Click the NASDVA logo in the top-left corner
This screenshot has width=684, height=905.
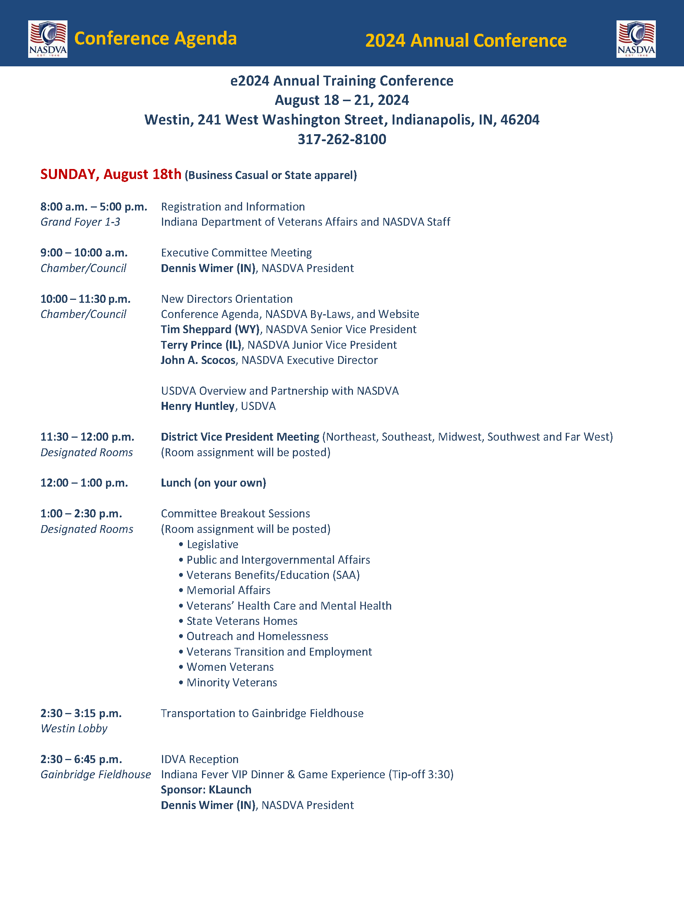pos(47,39)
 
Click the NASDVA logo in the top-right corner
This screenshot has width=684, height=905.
pos(636,39)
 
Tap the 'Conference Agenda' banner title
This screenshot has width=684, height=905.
pos(156,39)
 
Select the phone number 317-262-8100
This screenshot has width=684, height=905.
pos(342,139)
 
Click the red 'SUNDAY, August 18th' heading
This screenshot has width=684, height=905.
pos(110,174)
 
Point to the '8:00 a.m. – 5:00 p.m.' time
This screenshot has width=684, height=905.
pos(94,207)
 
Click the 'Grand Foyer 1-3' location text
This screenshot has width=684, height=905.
pos(80,222)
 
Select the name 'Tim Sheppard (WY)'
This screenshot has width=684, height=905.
pos(210,329)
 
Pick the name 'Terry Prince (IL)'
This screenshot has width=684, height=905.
pos(201,345)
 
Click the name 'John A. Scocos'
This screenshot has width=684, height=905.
pos(198,360)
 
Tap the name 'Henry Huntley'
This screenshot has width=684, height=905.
pos(198,406)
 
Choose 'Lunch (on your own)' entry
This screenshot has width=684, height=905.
pos(213,483)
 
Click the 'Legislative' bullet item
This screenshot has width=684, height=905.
pos(212,544)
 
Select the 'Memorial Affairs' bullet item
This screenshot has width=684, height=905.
pos(228,590)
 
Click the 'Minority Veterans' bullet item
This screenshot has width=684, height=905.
pos(231,682)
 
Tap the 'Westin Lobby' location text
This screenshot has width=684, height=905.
pos(74,728)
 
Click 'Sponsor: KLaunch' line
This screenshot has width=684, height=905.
pos(206,790)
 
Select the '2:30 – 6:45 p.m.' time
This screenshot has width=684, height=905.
pos(81,759)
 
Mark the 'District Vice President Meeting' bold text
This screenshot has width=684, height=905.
pos(240,437)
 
